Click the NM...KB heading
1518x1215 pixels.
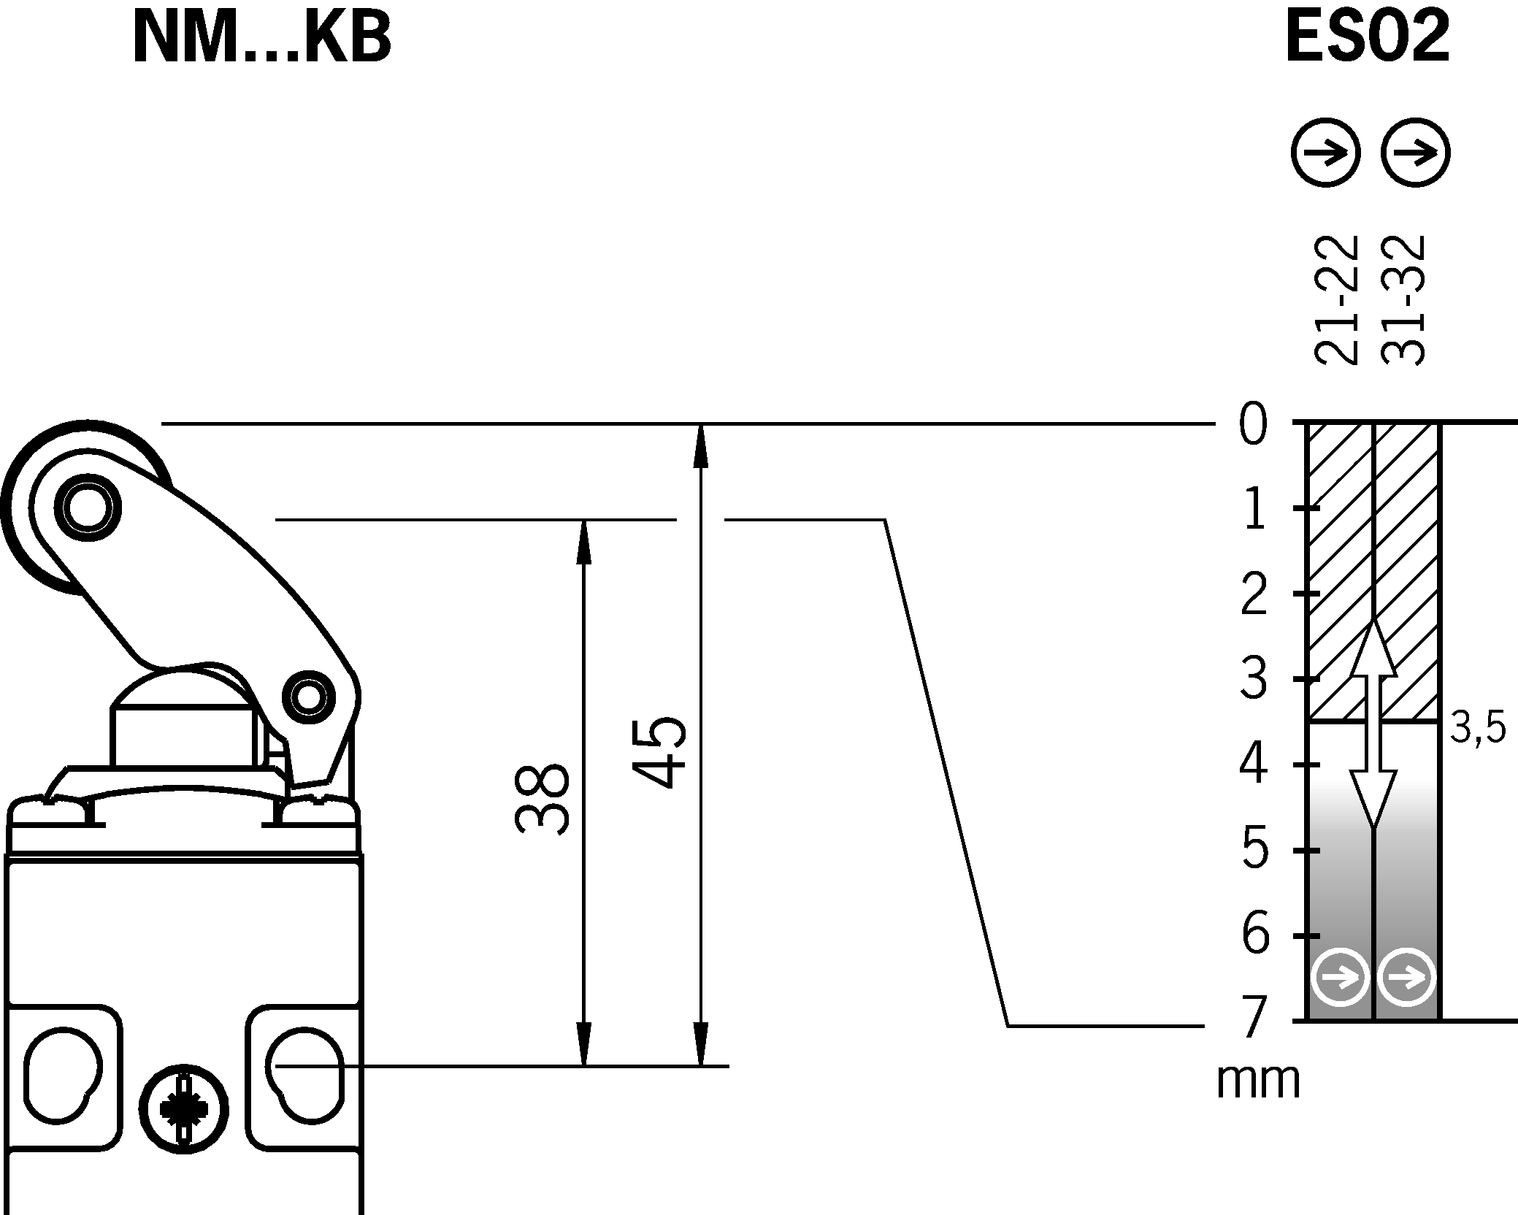[x=261, y=40]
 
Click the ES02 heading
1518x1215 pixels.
[x=1367, y=40]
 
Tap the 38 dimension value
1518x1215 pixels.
[x=542, y=799]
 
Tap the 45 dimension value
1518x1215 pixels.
[x=659, y=753]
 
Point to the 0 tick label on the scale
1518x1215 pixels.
[x=1254, y=426]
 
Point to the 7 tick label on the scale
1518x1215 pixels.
[x=1254, y=1019]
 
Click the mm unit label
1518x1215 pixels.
[x=1258, y=1081]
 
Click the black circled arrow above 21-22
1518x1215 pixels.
[x=1325, y=153]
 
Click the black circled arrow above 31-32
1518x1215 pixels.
[x=1415, y=153]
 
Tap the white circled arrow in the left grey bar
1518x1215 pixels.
[x=1340, y=977]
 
